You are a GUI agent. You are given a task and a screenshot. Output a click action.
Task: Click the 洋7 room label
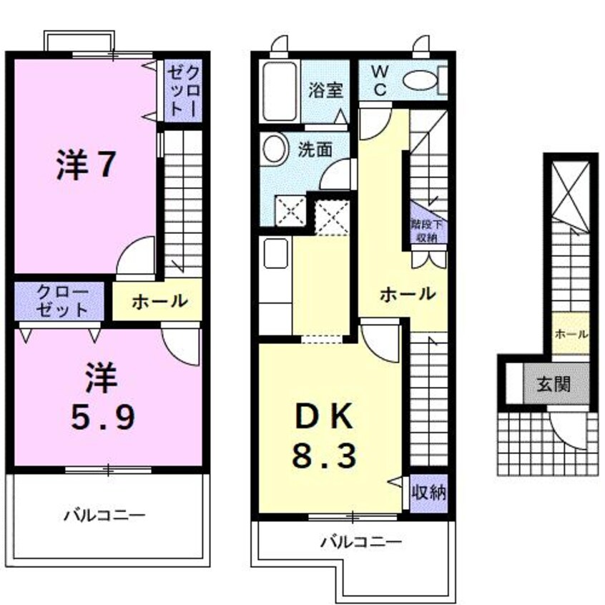pos(84,165)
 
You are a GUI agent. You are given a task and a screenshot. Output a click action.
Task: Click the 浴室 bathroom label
pos(326,91)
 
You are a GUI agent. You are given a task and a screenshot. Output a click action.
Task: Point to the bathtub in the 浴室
pos(280,91)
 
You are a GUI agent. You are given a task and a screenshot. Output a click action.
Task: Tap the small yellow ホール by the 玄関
pos(571,334)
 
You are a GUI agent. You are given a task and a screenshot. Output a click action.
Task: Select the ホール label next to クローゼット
pos(159,301)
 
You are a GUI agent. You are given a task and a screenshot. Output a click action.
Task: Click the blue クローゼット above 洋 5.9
pos(61,301)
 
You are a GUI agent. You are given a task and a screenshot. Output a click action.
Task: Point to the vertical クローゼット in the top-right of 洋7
pos(184,91)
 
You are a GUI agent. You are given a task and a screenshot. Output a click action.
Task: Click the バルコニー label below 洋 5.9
pos(104,513)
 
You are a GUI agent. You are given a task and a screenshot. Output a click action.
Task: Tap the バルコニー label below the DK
pos(360,541)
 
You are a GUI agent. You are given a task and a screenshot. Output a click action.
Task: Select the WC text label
pos(380,80)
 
